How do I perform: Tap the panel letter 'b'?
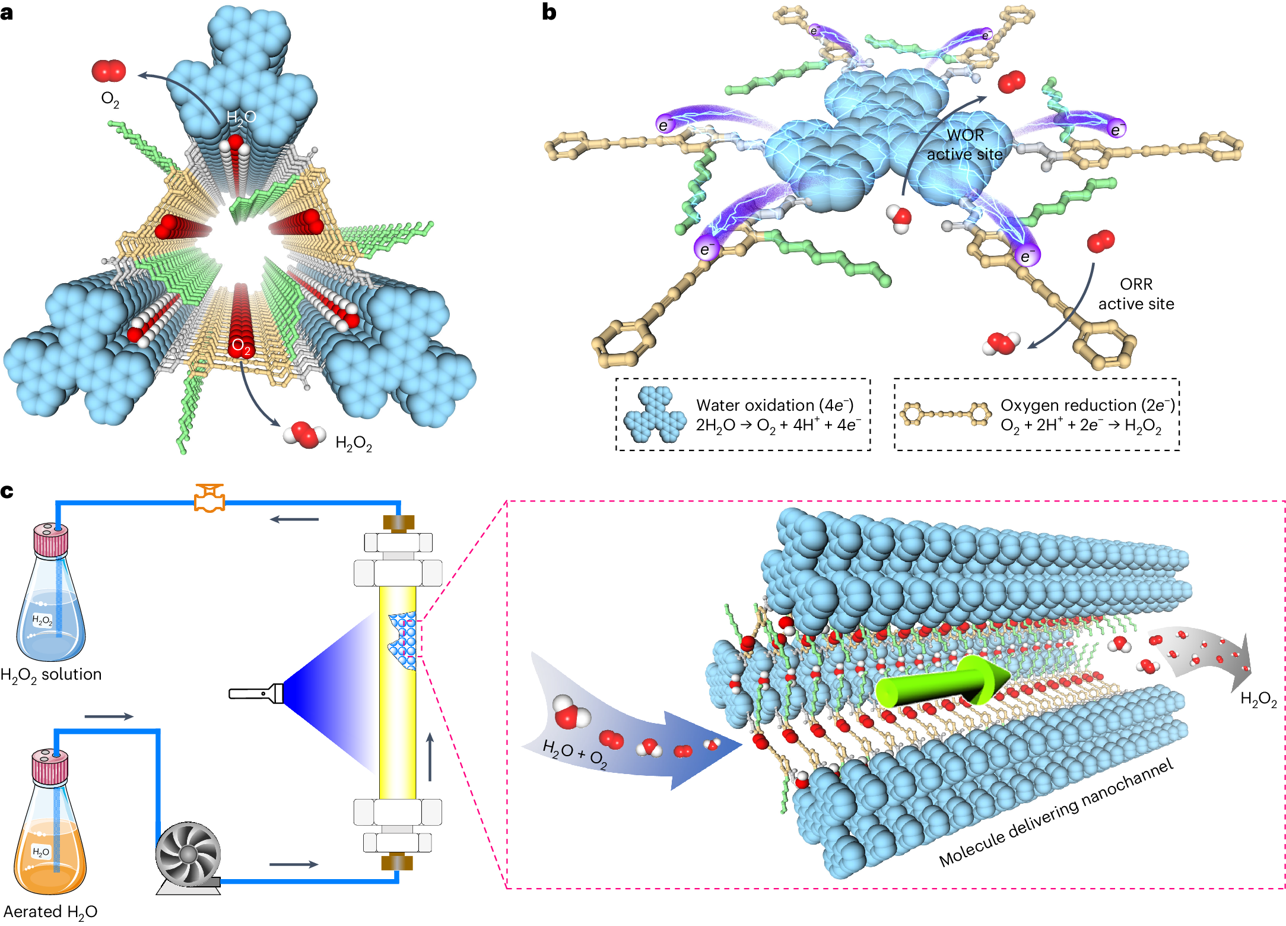pos(549,12)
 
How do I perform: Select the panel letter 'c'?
pos(7,491)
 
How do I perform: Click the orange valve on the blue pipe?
pos(209,499)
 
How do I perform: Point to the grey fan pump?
pos(188,855)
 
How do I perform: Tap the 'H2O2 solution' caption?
pos(51,675)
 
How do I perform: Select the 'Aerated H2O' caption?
pos(50,912)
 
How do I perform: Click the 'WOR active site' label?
pos(965,145)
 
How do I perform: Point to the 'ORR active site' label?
pos(1136,294)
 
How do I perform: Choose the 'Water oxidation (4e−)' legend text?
pos(774,405)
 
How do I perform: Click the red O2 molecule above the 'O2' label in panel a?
pos(109,71)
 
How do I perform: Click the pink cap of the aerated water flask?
pos(50,766)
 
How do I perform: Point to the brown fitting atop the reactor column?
pos(398,523)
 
